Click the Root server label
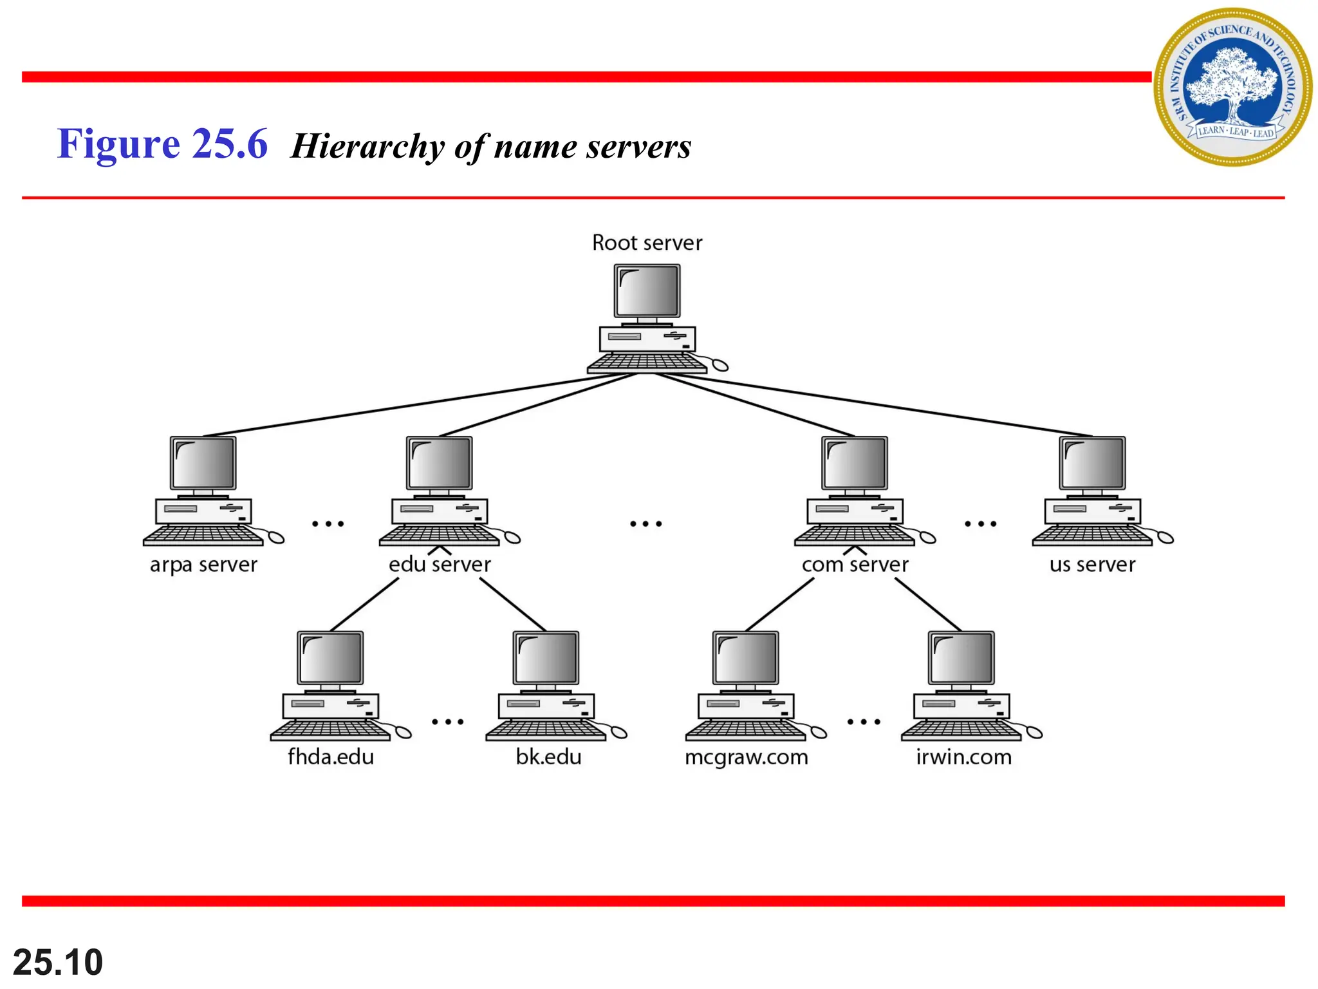[x=647, y=243]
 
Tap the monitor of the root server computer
[x=647, y=290]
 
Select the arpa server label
[x=203, y=565]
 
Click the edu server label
[x=440, y=565]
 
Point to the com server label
[x=855, y=565]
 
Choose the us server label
[x=1092, y=565]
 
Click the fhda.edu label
[x=330, y=757]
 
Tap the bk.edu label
[x=548, y=757]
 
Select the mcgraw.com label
[x=746, y=757]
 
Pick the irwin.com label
[x=963, y=757]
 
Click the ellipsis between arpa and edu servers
[x=328, y=523]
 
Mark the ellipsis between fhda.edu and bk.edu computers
[x=447, y=722]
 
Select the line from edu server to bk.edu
[x=513, y=605]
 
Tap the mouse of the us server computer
[x=1165, y=537]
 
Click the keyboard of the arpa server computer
[x=201, y=536]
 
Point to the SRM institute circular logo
[x=1232, y=87]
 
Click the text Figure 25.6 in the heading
[x=162, y=144]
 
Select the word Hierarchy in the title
[x=367, y=146]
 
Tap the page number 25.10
[x=58, y=962]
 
